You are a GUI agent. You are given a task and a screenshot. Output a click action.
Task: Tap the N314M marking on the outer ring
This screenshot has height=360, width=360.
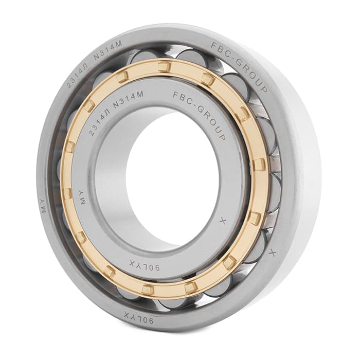pos(107,49)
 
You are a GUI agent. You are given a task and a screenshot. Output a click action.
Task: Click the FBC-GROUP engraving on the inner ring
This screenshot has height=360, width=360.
pos(200,113)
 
